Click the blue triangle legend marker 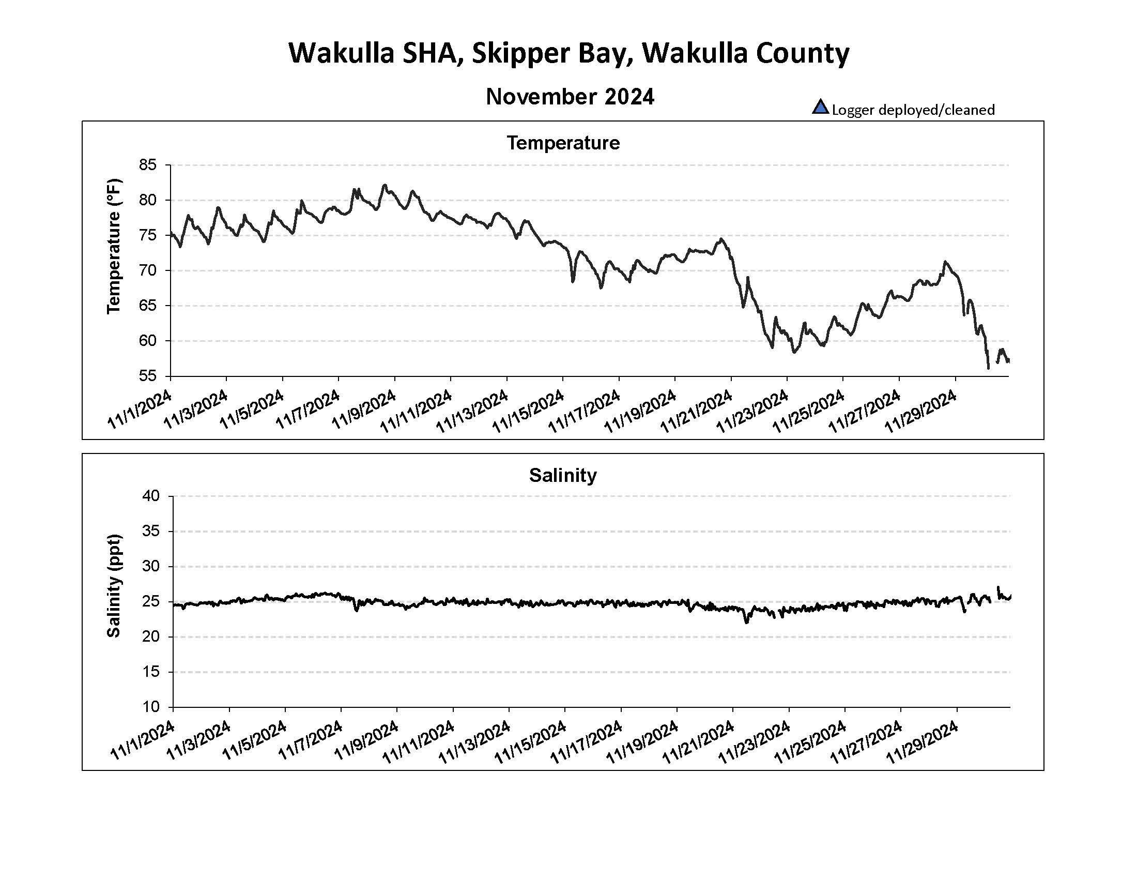click(x=820, y=107)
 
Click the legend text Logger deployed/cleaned click(x=913, y=110)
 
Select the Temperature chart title click(x=563, y=143)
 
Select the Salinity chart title click(x=563, y=475)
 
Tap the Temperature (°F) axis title click(x=114, y=247)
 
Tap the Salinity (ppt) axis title click(x=114, y=585)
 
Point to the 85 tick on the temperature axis click(x=148, y=165)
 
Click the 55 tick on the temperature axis click(x=148, y=376)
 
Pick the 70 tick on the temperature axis click(x=148, y=270)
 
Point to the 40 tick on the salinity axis click(x=150, y=496)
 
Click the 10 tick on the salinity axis click(x=150, y=707)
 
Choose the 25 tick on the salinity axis click(x=150, y=601)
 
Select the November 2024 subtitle click(x=570, y=97)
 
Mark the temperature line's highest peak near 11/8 click(x=385, y=185)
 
